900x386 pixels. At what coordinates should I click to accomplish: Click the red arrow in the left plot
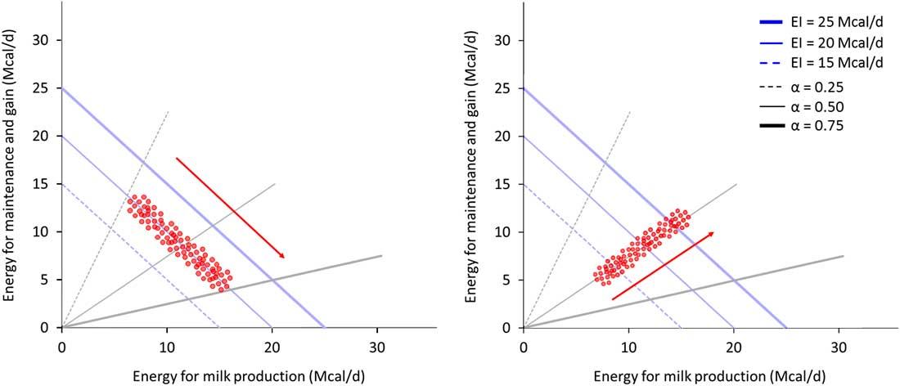(x=230, y=208)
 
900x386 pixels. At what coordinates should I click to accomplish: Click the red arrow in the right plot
(x=663, y=266)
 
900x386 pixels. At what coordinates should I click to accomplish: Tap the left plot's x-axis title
(x=249, y=370)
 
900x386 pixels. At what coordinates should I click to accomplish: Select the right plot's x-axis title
(x=710, y=370)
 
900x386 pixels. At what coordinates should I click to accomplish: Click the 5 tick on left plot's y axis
(x=50, y=280)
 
